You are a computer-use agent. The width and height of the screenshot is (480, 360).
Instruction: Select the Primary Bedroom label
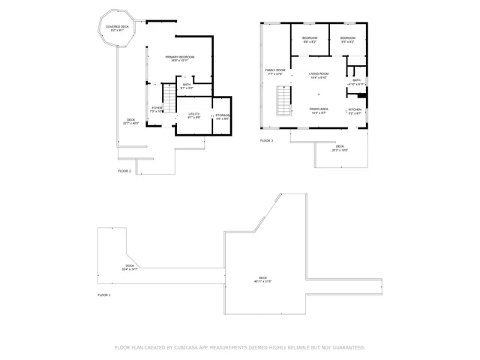181,58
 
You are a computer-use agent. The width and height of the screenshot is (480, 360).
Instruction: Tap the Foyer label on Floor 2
157,109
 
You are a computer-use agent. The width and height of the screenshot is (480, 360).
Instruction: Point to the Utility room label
193,115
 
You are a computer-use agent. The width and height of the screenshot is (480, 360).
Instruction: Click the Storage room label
223,116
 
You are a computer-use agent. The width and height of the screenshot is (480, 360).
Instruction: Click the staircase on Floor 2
170,97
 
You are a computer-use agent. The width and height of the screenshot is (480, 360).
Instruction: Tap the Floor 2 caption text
124,171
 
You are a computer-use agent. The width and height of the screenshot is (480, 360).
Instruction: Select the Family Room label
274,72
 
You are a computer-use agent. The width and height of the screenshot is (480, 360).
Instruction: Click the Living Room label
319,75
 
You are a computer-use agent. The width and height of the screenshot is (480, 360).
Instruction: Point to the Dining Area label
318,110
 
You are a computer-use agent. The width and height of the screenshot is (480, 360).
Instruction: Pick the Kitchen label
355,111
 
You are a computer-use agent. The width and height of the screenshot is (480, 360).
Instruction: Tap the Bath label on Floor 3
356,82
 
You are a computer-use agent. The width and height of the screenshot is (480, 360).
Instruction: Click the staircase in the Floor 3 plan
284,101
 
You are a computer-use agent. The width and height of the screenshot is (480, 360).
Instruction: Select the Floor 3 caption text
267,141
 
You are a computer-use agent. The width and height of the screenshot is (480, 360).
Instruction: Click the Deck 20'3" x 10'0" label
340,148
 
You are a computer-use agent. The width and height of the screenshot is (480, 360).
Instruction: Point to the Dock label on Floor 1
130,267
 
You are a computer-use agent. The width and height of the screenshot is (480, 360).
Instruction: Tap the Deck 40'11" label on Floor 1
261,280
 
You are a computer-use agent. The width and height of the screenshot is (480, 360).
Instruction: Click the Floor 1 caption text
104,295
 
